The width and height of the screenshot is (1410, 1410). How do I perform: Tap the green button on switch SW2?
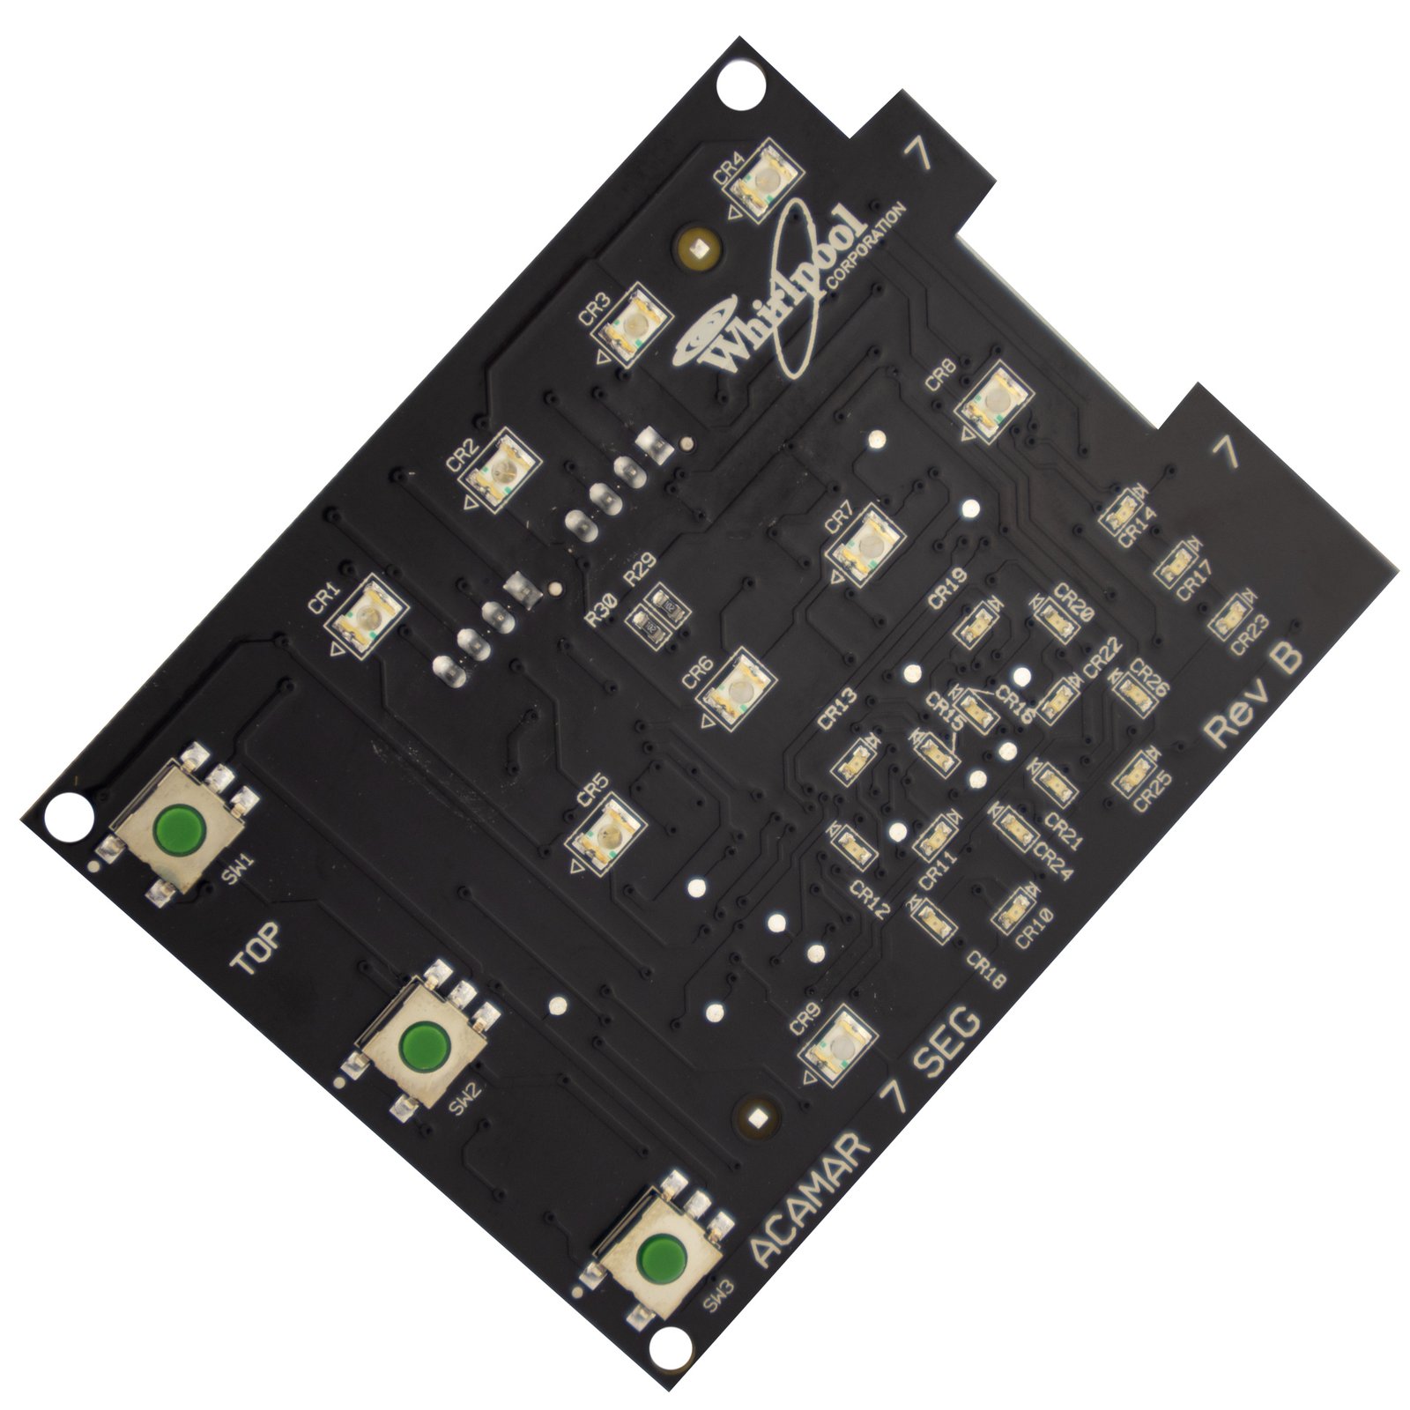pyautogui.click(x=421, y=1045)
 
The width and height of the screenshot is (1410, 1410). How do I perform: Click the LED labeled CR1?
pyautogui.click(x=367, y=615)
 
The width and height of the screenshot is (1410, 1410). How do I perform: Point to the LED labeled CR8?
pyautogui.click(x=993, y=403)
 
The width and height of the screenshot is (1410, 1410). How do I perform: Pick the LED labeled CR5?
pyautogui.click(x=608, y=833)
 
